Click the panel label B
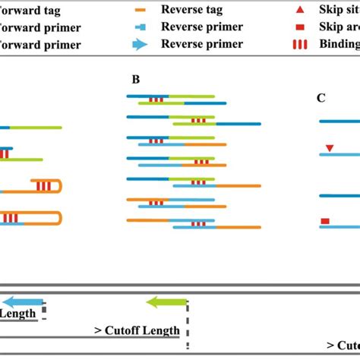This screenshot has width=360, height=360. coord(136,79)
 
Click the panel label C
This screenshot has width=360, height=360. coord(321,97)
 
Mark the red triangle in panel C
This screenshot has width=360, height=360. coord(328,147)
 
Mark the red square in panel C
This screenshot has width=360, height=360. coord(325,221)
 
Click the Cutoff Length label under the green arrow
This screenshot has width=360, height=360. coord(137,330)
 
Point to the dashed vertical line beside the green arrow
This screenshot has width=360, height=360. coord(188,319)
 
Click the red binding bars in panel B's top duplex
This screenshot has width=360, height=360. coord(156,99)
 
